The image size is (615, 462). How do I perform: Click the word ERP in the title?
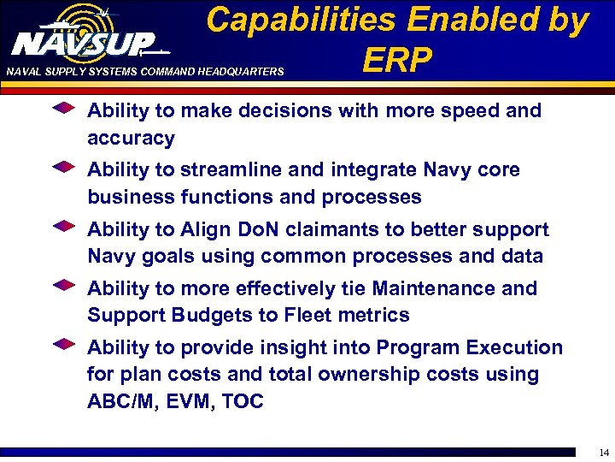397,61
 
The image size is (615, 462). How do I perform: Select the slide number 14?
603,453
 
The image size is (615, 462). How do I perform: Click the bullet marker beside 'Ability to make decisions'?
63,110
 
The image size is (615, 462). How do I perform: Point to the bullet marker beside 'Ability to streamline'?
63,169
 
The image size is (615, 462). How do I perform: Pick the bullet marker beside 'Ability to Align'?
63,228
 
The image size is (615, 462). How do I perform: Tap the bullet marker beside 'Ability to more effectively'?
63,287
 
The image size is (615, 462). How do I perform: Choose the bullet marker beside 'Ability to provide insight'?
63,346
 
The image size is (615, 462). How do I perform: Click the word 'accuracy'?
131,139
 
